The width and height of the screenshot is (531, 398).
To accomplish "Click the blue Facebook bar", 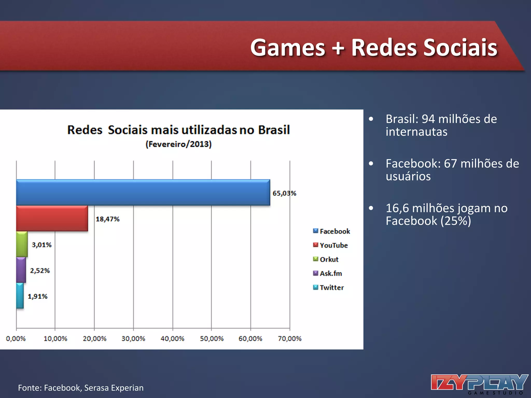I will tap(143, 193).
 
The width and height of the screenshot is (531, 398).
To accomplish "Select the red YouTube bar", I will tap(52, 218).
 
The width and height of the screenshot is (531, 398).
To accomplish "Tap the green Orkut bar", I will tap(22, 244).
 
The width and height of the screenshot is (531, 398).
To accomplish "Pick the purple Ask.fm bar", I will tap(21, 270).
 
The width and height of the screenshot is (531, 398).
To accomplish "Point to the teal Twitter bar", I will tap(20, 296).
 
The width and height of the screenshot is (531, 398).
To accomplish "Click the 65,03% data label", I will tap(284, 193).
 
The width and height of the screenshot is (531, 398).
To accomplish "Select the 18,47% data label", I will tap(108, 219).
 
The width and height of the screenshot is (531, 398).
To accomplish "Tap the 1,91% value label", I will tap(38, 296).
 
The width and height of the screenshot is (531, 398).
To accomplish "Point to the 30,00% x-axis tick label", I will tap(133, 339).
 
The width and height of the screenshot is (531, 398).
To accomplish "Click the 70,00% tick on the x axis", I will tap(290, 339).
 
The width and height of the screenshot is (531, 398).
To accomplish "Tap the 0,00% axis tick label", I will tap(16, 339).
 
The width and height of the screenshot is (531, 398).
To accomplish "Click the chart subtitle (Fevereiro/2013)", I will tap(178, 144).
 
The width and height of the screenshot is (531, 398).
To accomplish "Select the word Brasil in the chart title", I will tap(274, 130).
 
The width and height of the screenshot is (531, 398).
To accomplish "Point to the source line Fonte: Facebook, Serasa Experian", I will tap(81, 388).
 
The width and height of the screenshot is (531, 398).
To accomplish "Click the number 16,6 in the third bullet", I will tap(397, 208).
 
